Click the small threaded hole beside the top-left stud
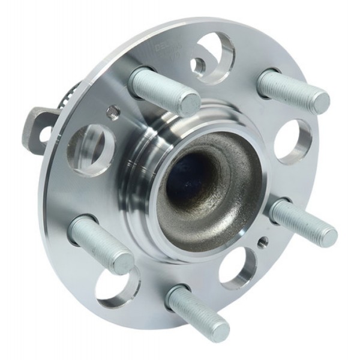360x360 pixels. click(112, 112)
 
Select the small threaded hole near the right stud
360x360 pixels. click(262, 242)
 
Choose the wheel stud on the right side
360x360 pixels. click(303, 222)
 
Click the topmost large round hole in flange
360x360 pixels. click(210, 57)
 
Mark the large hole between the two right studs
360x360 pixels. click(292, 142)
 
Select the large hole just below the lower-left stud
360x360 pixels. click(116, 287)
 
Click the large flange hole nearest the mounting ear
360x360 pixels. click(91, 149)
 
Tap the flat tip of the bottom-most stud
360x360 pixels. click(217, 329)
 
